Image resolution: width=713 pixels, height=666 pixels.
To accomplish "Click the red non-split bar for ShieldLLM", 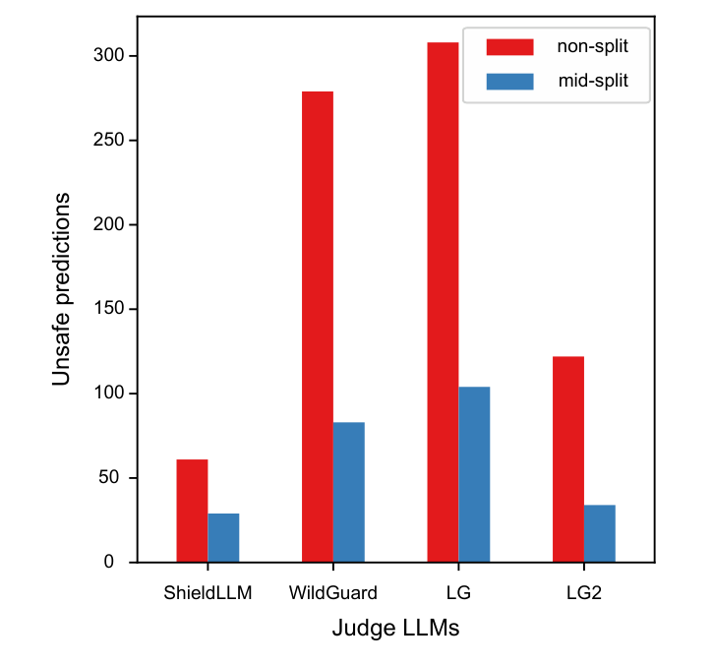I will point(192,511).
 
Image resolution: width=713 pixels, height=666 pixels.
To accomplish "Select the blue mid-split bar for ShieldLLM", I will point(223,537).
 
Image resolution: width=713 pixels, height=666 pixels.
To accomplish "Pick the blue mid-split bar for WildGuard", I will point(349,492).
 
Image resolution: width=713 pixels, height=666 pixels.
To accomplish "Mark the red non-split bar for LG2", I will point(568,458).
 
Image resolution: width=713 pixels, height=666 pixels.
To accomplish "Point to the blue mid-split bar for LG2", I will point(600,533).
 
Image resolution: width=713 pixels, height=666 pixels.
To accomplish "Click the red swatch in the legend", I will point(509,46).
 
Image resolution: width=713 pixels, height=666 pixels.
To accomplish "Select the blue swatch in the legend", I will point(509,82).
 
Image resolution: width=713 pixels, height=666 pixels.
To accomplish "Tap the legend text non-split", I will point(592,46).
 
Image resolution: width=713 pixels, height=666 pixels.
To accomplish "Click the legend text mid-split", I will point(592,82).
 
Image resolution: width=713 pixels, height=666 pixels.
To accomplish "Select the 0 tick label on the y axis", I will point(121,563).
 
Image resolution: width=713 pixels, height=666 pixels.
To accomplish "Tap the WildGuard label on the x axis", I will point(333,593).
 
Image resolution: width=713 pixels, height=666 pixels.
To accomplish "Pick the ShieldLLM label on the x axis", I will point(208,593).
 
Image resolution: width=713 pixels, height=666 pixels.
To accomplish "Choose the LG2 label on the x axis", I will point(584,593).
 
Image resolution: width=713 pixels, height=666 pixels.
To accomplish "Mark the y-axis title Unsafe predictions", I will point(61,288).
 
